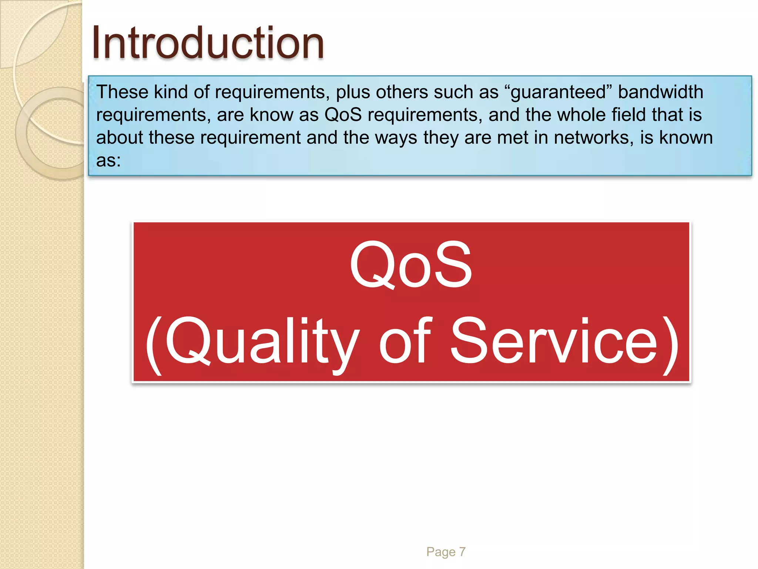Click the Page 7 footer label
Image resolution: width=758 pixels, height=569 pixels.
pyautogui.click(x=446, y=552)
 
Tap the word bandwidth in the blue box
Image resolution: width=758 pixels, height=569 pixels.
pyautogui.click(x=660, y=92)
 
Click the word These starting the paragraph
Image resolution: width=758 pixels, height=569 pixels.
pyautogui.click(x=122, y=92)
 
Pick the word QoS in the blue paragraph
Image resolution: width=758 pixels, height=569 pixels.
pyautogui.click(x=343, y=115)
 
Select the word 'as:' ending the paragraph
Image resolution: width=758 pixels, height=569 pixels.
pyautogui.click(x=108, y=160)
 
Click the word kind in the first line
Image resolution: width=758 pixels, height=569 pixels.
pyautogui.click(x=171, y=92)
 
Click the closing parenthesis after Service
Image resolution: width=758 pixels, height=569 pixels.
pyautogui.click(x=671, y=345)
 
